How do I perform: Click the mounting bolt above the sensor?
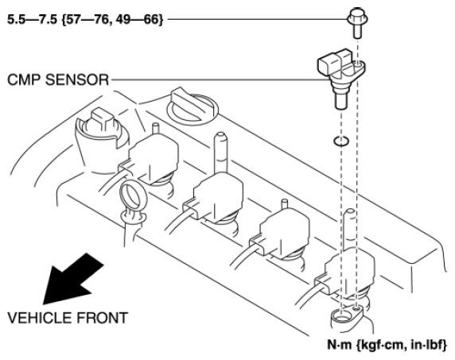coord(357,22)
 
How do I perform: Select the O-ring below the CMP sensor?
coord(341,141)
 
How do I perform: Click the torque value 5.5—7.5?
coord(32,19)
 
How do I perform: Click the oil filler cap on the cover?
coord(192,106)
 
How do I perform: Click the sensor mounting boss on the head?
coord(346,316)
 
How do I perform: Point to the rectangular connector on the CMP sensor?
coord(334,61)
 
